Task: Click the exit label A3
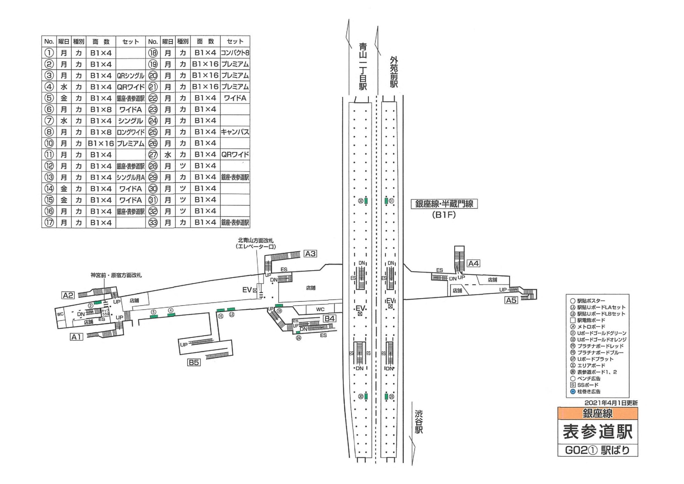coord(310,254)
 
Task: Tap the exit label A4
coord(473,263)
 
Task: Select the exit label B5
coord(194,362)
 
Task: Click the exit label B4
coord(329,318)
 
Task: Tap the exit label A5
coord(511,300)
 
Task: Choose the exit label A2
coord(68,295)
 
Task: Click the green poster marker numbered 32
coord(366,201)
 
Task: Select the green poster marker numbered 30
coord(366,396)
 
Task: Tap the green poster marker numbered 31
coord(386,201)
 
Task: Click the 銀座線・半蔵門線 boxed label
coord(444,204)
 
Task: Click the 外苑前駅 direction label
coord(394,72)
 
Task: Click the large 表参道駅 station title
coord(598,432)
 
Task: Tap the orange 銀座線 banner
coord(598,413)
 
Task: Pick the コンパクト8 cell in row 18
coord(235,53)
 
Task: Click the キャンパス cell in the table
coord(235,132)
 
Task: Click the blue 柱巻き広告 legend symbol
coord(573,391)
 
